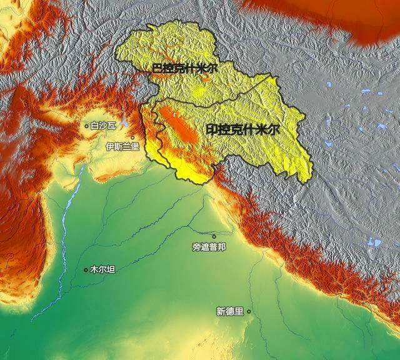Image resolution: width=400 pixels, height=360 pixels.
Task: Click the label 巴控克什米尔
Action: point(185,68)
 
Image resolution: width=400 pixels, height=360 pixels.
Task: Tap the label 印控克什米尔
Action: point(242,130)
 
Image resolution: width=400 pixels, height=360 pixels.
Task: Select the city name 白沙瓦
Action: point(103,126)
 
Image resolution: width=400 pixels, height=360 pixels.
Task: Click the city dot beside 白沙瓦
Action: point(87,126)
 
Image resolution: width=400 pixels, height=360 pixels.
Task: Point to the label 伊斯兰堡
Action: point(122,147)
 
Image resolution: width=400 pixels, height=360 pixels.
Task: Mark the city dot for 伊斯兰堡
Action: point(132,137)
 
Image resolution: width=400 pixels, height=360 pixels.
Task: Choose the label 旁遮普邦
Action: point(209,247)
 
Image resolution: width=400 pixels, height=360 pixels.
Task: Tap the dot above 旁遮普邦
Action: point(214,236)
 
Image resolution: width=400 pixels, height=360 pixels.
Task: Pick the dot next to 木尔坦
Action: point(86,270)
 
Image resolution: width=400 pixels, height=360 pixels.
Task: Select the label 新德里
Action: point(229,311)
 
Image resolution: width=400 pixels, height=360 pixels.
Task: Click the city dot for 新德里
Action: point(249,311)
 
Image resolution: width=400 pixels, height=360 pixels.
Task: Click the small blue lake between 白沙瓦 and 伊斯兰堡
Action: point(126,122)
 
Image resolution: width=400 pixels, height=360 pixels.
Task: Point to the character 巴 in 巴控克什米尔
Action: point(157,68)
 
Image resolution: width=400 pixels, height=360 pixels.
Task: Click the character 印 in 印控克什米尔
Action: point(211,130)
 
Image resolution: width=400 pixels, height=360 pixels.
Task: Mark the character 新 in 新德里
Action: point(221,311)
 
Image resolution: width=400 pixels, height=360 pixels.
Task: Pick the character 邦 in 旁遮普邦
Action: point(221,247)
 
